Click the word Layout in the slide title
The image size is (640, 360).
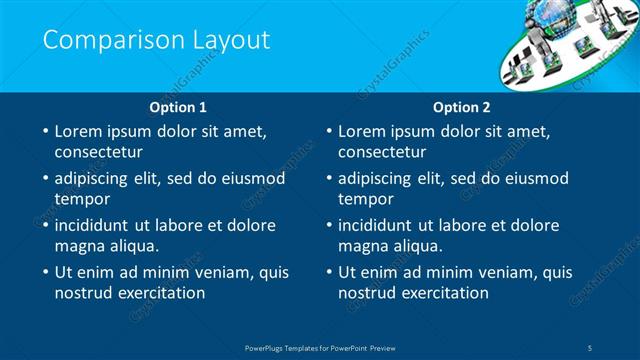(233, 40)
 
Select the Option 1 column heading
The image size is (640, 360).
(178, 106)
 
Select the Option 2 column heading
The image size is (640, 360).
(461, 106)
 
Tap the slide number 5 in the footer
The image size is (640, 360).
(591, 347)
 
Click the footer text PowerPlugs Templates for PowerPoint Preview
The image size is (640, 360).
(320, 347)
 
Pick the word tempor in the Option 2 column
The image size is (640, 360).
(365, 198)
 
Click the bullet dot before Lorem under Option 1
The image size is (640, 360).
(44, 131)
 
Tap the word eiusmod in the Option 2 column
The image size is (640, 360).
(534, 178)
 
